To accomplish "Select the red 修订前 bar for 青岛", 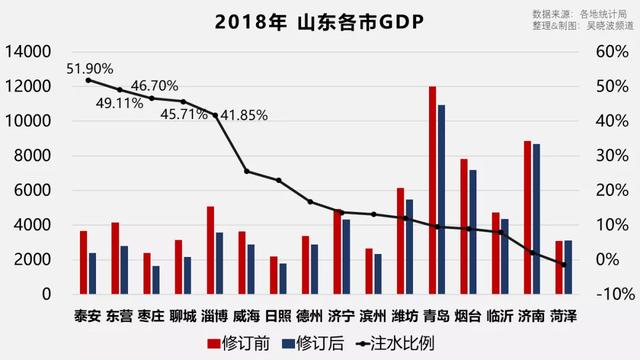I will coord(432,190).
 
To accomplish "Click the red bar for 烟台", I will coord(463,226).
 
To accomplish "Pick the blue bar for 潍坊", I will coord(409,247).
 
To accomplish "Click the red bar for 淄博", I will coord(210,250).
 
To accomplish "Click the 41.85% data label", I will coord(243,115).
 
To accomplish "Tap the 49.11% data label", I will coord(119,102).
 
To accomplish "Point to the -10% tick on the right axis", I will coord(609,295).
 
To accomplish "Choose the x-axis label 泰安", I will coord(87,316).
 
